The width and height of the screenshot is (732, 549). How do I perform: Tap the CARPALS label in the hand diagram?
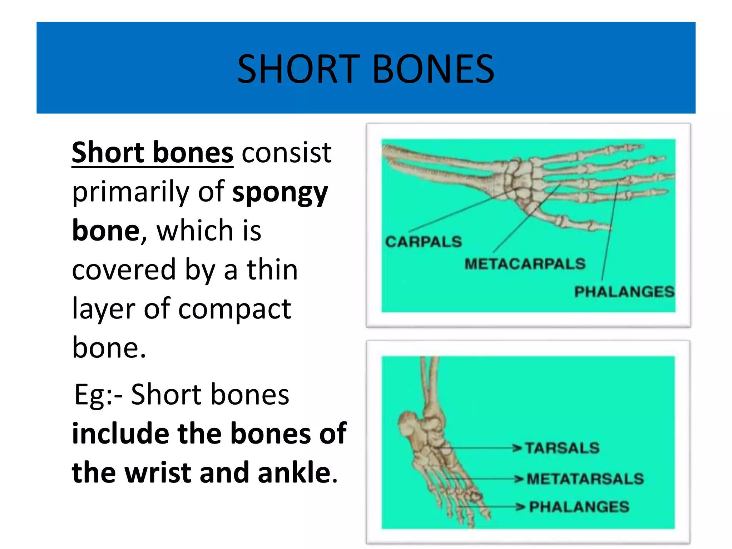[x=424, y=242]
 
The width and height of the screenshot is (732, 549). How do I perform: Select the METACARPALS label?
[x=525, y=264]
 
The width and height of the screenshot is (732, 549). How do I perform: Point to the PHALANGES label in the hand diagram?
[x=624, y=292]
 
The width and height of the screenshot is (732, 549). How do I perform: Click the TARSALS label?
[x=562, y=448]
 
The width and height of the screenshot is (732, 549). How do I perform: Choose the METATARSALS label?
[x=585, y=479]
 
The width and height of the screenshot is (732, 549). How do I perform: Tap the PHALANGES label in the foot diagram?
[x=579, y=507]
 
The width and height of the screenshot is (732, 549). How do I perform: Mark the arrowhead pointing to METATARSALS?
[x=519, y=479]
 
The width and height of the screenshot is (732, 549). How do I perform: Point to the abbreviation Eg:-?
[x=98, y=395]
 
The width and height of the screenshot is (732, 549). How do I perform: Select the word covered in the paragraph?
[x=124, y=270]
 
